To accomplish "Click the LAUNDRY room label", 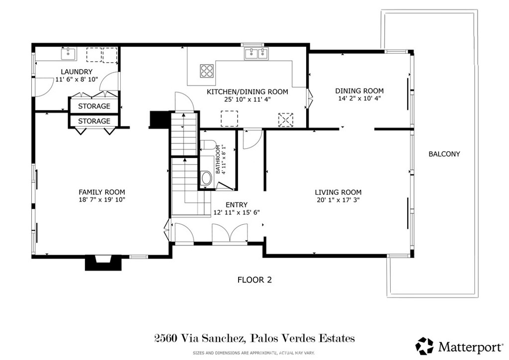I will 77,72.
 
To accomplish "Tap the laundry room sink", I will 68,53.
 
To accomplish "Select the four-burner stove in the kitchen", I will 207,71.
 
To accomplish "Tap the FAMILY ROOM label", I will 101,192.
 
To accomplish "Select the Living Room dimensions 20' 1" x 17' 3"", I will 338,200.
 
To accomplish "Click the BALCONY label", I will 444,154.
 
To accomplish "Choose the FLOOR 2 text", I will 254,280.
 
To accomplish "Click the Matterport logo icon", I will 424,345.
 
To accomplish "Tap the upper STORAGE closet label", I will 93,106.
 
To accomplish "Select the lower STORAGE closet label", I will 93,121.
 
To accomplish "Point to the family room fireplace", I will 103,263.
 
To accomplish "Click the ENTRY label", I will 236,205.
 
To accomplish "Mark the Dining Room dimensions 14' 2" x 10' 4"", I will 359,98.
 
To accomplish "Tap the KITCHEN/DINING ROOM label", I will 247,92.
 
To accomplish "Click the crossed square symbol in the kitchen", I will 285,120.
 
